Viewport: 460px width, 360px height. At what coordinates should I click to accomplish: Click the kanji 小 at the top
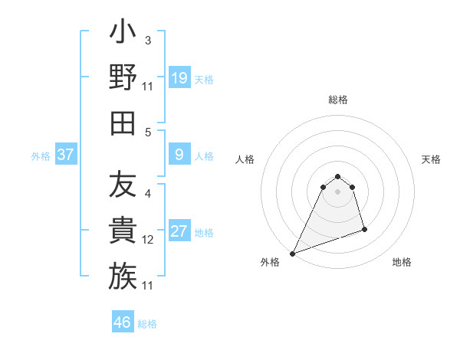(x=123, y=34)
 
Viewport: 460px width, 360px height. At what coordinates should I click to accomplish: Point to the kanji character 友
(x=123, y=185)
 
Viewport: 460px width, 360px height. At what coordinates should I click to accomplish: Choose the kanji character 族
(x=123, y=276)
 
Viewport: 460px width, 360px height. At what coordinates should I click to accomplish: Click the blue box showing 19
(x=179, y=77)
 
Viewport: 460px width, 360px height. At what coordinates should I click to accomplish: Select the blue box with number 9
(x=179, y=155)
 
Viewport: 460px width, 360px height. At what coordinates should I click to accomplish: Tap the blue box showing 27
(x=179, y=231)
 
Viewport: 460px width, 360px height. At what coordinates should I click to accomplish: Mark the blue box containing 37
(x=66, y=155)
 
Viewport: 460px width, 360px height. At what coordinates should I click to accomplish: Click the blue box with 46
(x=123, y=322)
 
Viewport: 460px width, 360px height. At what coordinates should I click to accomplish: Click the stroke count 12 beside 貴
(x=148, y=240)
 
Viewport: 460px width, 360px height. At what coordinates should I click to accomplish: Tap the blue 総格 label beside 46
(x=147, y=324)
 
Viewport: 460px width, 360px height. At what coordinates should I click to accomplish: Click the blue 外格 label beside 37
(x=41, y=156)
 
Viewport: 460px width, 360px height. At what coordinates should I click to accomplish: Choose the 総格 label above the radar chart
(x=337, y=100)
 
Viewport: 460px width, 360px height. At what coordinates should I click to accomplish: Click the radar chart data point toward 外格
(x=293, y=253)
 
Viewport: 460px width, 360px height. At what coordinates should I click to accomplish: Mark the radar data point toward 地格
(x=364, y=229)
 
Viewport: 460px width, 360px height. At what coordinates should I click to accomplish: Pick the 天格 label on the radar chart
(x=431, y=160)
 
